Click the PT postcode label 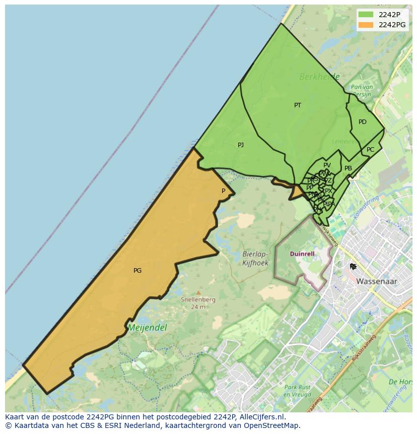point(298,105)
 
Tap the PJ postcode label point(241,145)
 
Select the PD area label point(362,122)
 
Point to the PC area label point(370,150)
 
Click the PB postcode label point(348,168)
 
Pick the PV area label point(327,165)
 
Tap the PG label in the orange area point(137,271)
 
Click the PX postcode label point(328,191)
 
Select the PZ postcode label point(328,180)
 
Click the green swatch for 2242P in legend point(366,15)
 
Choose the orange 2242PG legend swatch point(366,25)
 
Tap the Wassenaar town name point(377,281)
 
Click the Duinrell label point(303,254)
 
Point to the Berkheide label point(319,77)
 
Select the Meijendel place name point(147,328)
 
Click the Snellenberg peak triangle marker point(198,292)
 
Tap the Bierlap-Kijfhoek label point(255,259)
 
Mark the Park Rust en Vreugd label point(297,391)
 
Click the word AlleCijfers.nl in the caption point(261,417)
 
